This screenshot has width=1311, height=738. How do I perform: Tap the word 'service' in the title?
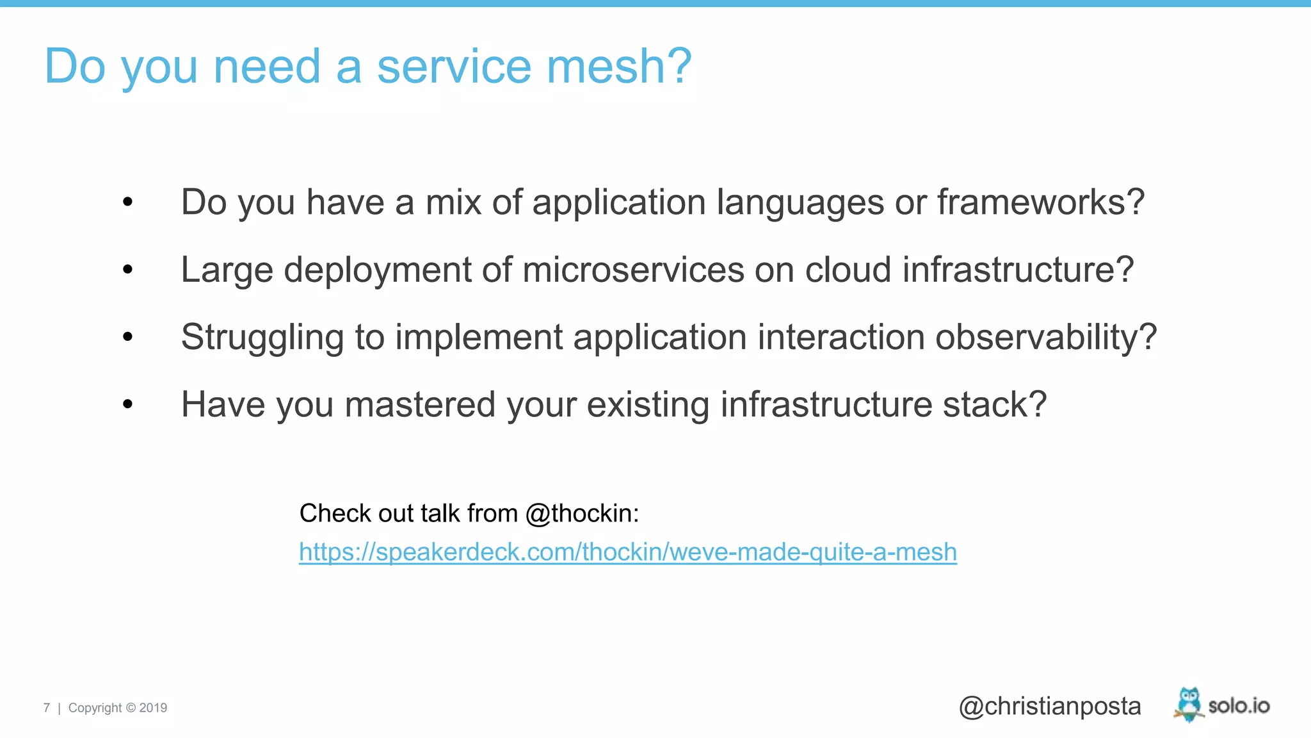pyautogui.click(x=454, y=66)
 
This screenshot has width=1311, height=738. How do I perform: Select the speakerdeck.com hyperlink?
pyautogui.click(x=627, y=552)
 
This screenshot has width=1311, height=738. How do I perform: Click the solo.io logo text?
pyautogui.click(x=1239, y=706)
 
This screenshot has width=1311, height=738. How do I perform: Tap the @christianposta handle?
pyautogui.click(x=1050, y=706)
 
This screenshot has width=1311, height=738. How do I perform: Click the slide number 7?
pyautogui.click(x=47, y=708)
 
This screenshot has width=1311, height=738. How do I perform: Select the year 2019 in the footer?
pyautogui.click(x=153, y=708)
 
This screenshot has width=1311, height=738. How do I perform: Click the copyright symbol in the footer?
pyautogui.click(x=131, y=708)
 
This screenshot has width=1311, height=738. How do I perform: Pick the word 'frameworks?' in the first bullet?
pyautogui.click(x=1041, y=202)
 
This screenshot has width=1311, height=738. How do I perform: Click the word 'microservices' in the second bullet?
pyautogui.click(x=634, y=270)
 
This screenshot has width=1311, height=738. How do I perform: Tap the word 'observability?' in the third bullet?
pyautogui.click(x=1046, y=338)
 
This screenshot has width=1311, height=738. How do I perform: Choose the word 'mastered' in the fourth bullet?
pyautogui.click(x=420, y=405)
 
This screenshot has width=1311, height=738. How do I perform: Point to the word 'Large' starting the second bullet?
pyautogui.click(x=227, y=270)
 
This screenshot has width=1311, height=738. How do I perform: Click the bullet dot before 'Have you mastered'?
pyautogui.click(x=128, y=404)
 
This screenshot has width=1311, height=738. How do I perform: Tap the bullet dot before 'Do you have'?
pyautogui.click(x=128, y=202)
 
